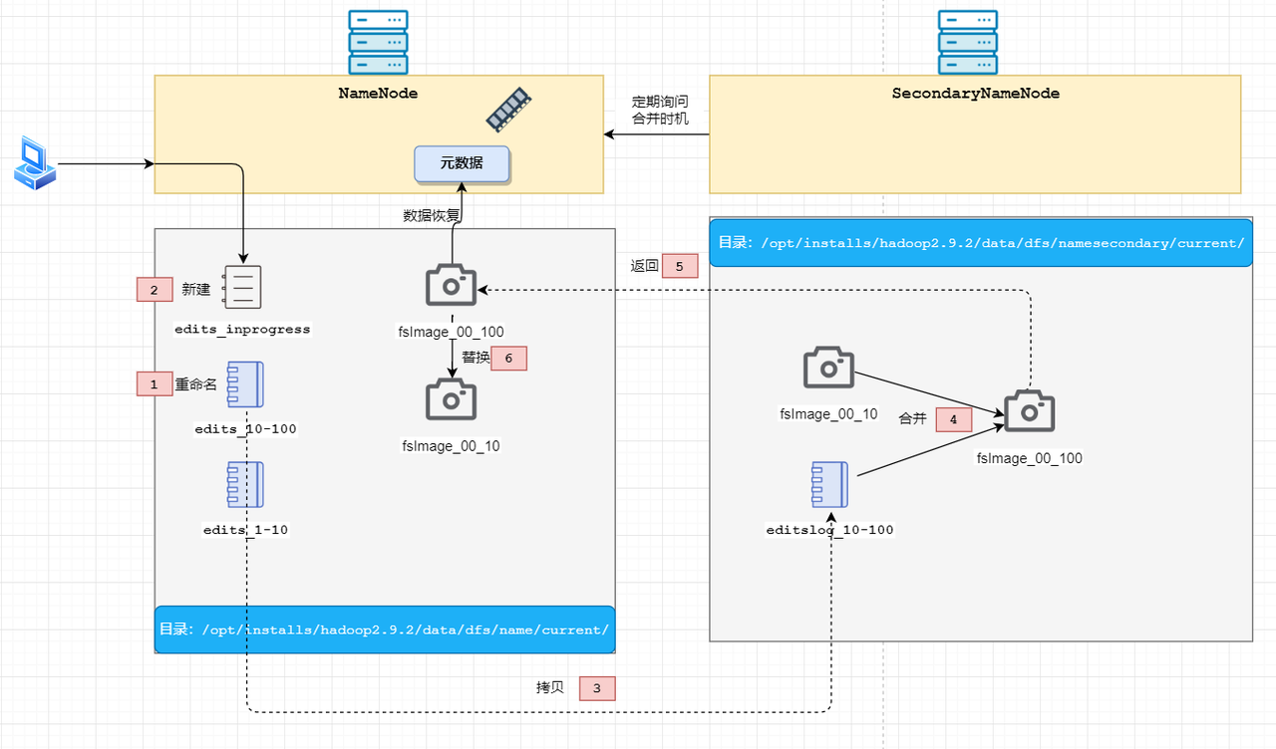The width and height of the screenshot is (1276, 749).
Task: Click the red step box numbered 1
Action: [x=155, y=384]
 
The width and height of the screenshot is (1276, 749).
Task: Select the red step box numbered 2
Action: [x=155, y=290]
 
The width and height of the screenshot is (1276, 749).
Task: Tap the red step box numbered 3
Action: [x=597, y=688]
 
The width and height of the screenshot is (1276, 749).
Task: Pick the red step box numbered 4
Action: [x=954, y=419]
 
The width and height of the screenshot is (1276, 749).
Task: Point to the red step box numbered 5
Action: [x=680, y=266]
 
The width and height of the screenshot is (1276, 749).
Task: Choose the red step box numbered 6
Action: [x=508, y=358]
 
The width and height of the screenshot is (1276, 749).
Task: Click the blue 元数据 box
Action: [x=462, y=164]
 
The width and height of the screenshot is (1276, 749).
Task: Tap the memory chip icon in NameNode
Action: [x=508, y=110]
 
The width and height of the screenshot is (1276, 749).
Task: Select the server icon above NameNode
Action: [x=378, y=42]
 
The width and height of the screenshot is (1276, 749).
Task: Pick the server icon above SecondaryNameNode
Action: [x=968, y=42]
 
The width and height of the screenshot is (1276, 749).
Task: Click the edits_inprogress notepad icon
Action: [x=242, y=287]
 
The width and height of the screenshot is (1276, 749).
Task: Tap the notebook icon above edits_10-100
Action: [x=245, y=384]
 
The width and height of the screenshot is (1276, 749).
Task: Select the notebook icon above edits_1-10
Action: [x=245, y=484]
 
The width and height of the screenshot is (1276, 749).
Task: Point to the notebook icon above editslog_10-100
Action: [x=829, y=484]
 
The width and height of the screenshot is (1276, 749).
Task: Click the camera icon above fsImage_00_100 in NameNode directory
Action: [x=452, y=285]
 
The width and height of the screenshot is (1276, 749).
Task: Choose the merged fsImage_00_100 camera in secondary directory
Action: [x=1030, y=411]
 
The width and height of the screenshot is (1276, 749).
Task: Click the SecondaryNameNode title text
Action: [x=975, y=94]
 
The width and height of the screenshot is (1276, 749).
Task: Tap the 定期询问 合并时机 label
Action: [x=660, y=110]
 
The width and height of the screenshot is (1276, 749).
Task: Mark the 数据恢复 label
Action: [x=432, y=215]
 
